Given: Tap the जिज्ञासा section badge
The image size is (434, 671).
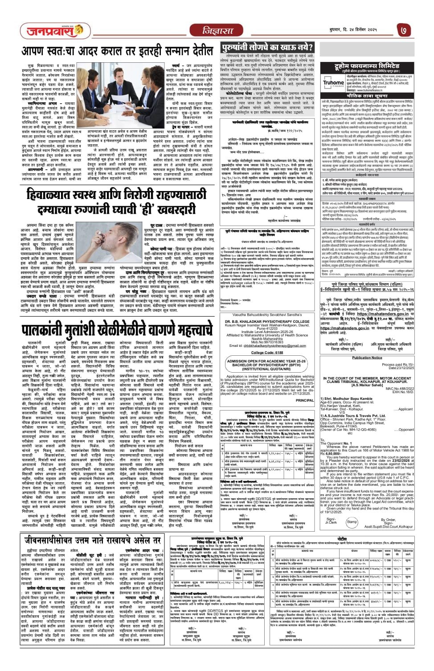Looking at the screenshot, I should click(x=217, y=31).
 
